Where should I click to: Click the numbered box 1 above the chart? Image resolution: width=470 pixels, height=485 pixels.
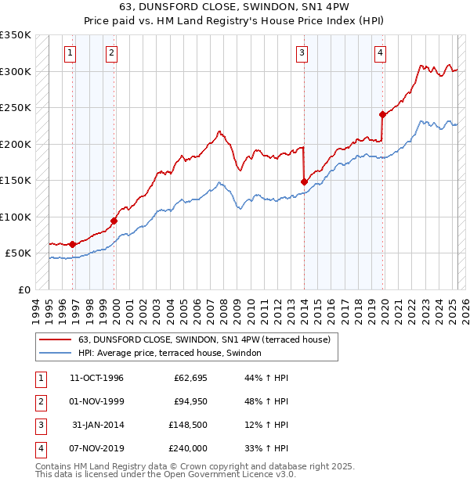(70, 53)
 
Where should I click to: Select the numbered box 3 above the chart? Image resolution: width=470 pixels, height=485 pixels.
(302, 53)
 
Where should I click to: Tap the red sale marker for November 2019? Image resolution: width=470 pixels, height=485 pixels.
(382, 114)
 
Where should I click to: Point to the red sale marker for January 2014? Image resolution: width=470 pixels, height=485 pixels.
(304, 181)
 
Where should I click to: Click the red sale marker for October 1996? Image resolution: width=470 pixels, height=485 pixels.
(73, 244)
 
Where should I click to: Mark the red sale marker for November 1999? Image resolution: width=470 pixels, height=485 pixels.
(114, 221)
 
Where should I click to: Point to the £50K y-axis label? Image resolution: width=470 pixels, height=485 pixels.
(18, 253)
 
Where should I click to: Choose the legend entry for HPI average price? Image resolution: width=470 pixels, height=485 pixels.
(169, 353)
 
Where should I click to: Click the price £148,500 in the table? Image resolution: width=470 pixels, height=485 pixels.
(187, 425)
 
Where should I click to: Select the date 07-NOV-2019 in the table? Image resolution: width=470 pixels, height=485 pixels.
(96, 448)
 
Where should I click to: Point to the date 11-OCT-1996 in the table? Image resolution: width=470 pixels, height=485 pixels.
(96, 378)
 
